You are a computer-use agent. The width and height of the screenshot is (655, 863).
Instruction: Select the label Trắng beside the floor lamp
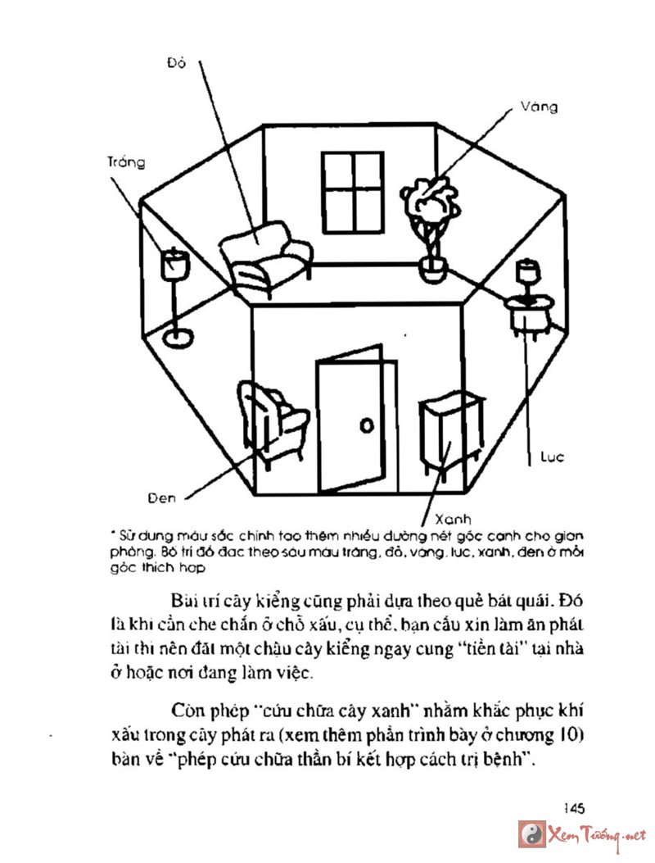(x=125, y=162)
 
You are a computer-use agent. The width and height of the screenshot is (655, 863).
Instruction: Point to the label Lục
(x=553, y=456)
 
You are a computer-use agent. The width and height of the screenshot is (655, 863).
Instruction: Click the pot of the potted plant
(x=431, y=267)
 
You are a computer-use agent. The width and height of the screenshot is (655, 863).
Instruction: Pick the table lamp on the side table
(x=526, y=276)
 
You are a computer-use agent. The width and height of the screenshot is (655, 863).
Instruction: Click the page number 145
(x=573, y=808)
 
